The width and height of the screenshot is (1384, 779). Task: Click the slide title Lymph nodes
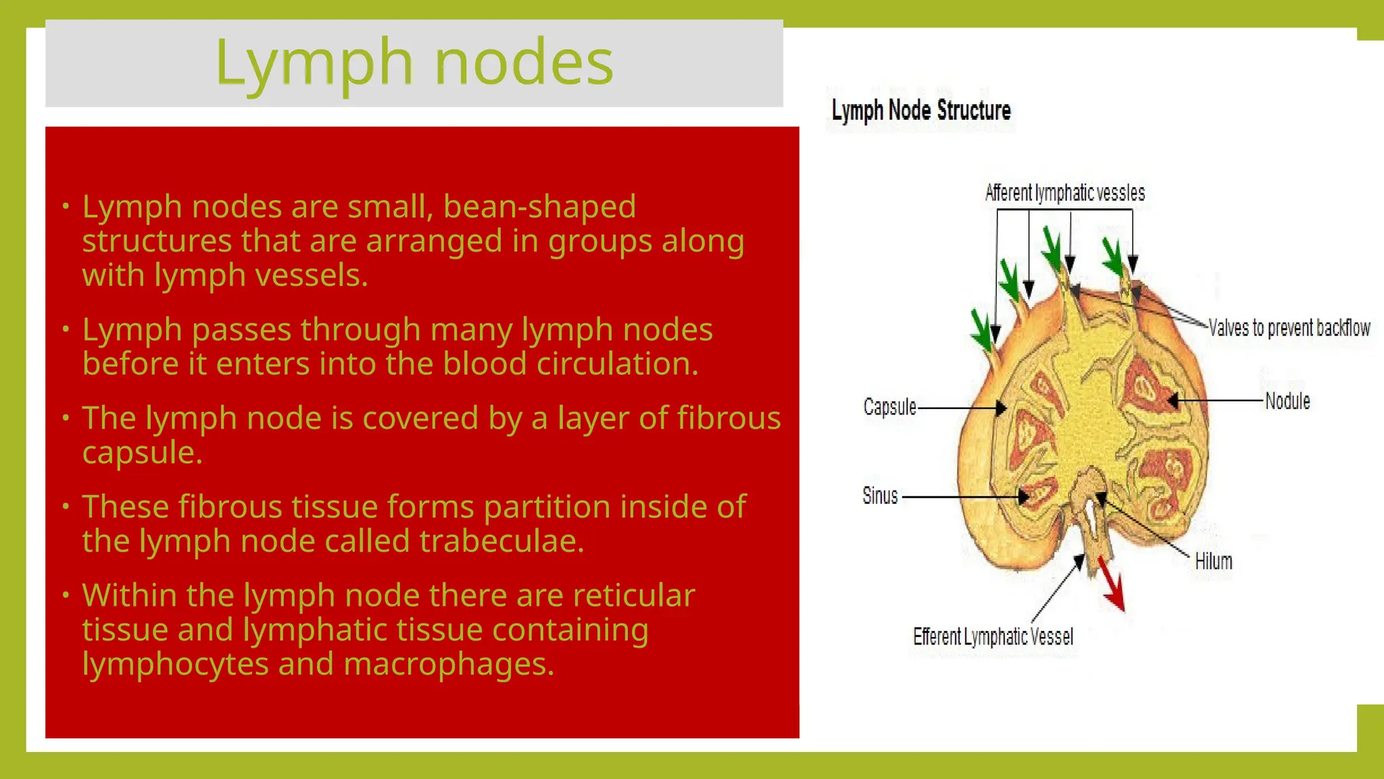pos(414,63)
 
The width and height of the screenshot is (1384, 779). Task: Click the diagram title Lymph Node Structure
pos(920,110)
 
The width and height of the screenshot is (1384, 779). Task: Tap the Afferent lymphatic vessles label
pos(1065,193)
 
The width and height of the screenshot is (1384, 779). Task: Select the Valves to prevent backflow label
pos(1289,328)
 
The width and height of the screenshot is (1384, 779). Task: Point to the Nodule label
pos(1287,401)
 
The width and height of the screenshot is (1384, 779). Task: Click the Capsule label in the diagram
pos(889,407)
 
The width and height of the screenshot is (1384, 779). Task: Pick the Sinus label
pos(880,496)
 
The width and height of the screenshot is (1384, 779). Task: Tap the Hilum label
pos(1213,561)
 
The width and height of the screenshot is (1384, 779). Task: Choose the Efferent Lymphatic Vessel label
pos(993,636)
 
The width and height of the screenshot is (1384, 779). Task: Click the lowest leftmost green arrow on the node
pos(982,330)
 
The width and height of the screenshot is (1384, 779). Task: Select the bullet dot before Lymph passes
pos(66,329)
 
